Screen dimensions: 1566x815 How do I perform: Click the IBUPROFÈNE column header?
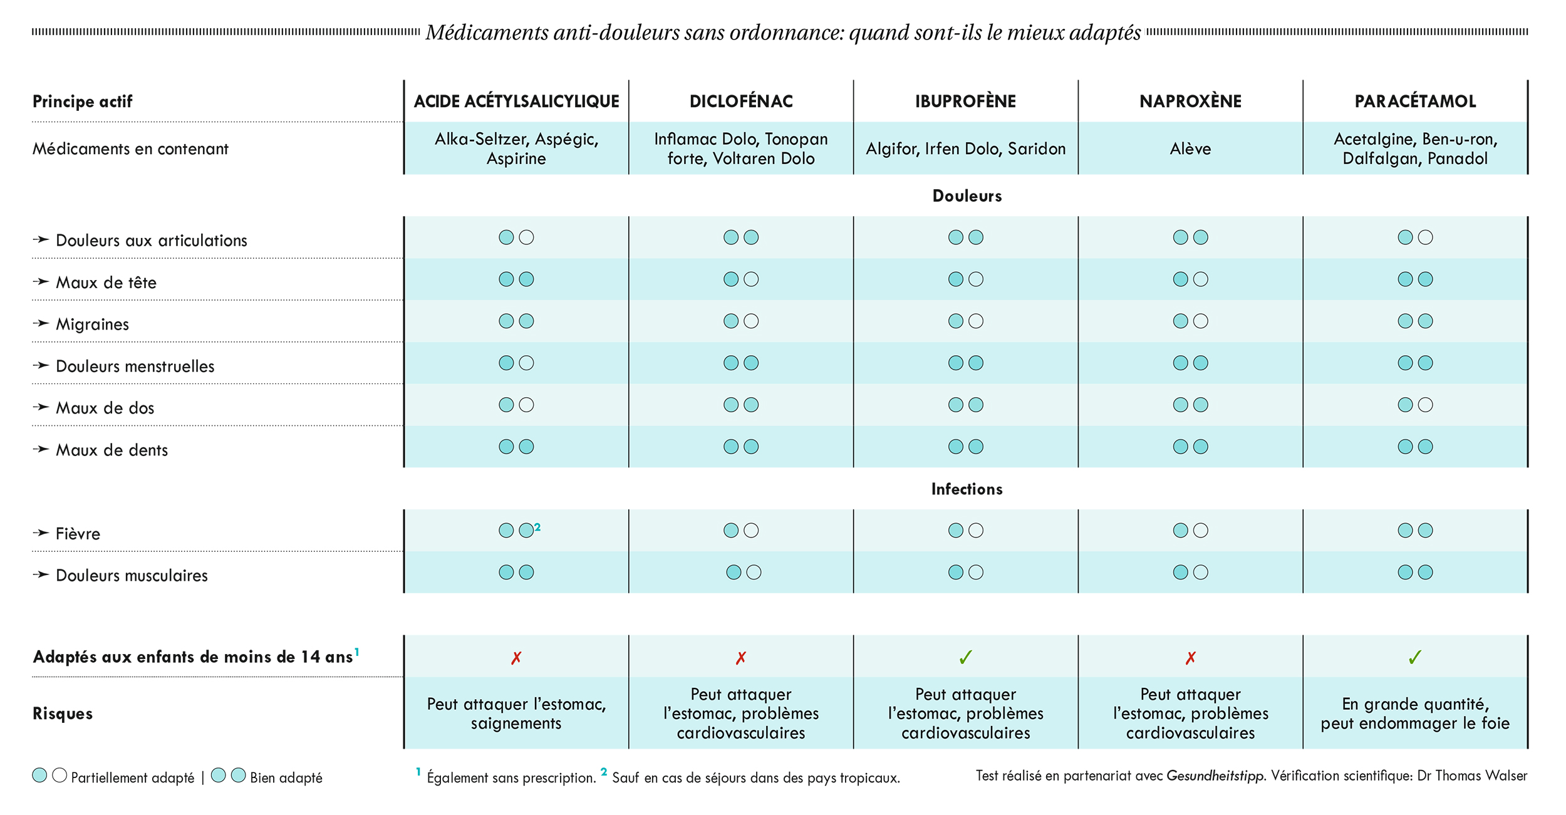pyautogui.click(x=965, y=101)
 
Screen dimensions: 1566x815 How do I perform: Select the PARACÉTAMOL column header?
pyautogui.click(x=1415, y=101)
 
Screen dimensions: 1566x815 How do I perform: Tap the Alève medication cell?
pyautogui.click(x=1190, y=148)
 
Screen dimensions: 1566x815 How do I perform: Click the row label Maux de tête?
pyautogui.click(x=106, y=283)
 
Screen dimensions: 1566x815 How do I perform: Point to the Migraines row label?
pyautogui.click(x=92, y=324)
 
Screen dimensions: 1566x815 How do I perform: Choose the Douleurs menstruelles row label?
pyautogui.click(x=135, y=366)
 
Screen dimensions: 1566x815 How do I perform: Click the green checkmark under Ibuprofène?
pyautogui.click(x=966, y=657)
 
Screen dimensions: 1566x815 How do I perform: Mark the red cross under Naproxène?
pyautogui.click(x=1191, y=658)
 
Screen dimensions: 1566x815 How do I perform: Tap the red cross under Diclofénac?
pyautogui.click(x=741, y=658)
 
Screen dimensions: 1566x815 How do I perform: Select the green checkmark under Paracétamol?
pyautogui.click(x=1415, y=657)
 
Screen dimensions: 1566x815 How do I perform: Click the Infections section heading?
pyautogui.click(x=967, y=489)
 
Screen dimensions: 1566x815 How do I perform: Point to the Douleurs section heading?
pyautogui.click(x=967, y=195)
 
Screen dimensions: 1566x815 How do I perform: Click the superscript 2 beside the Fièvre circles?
pyautogui.click(x=537, y=527)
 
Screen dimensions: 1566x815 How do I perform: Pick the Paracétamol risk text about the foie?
pyautogui.click(x=1415, y=714)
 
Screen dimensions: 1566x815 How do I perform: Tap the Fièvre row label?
pyautogui.click(x=78, y=534)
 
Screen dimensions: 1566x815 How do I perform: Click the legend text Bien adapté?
pyautogui.click(x=286, y=777)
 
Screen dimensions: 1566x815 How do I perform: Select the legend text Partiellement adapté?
pyautogui.click(x=133, y=777)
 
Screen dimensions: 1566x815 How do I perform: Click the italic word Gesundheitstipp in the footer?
pyautogui.click(x=1215, y=776)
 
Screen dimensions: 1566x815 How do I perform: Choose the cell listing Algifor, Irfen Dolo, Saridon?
pyautogui.click(x=965, y=148)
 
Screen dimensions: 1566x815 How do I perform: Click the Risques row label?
pyautogui.click(x=63, y=714)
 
